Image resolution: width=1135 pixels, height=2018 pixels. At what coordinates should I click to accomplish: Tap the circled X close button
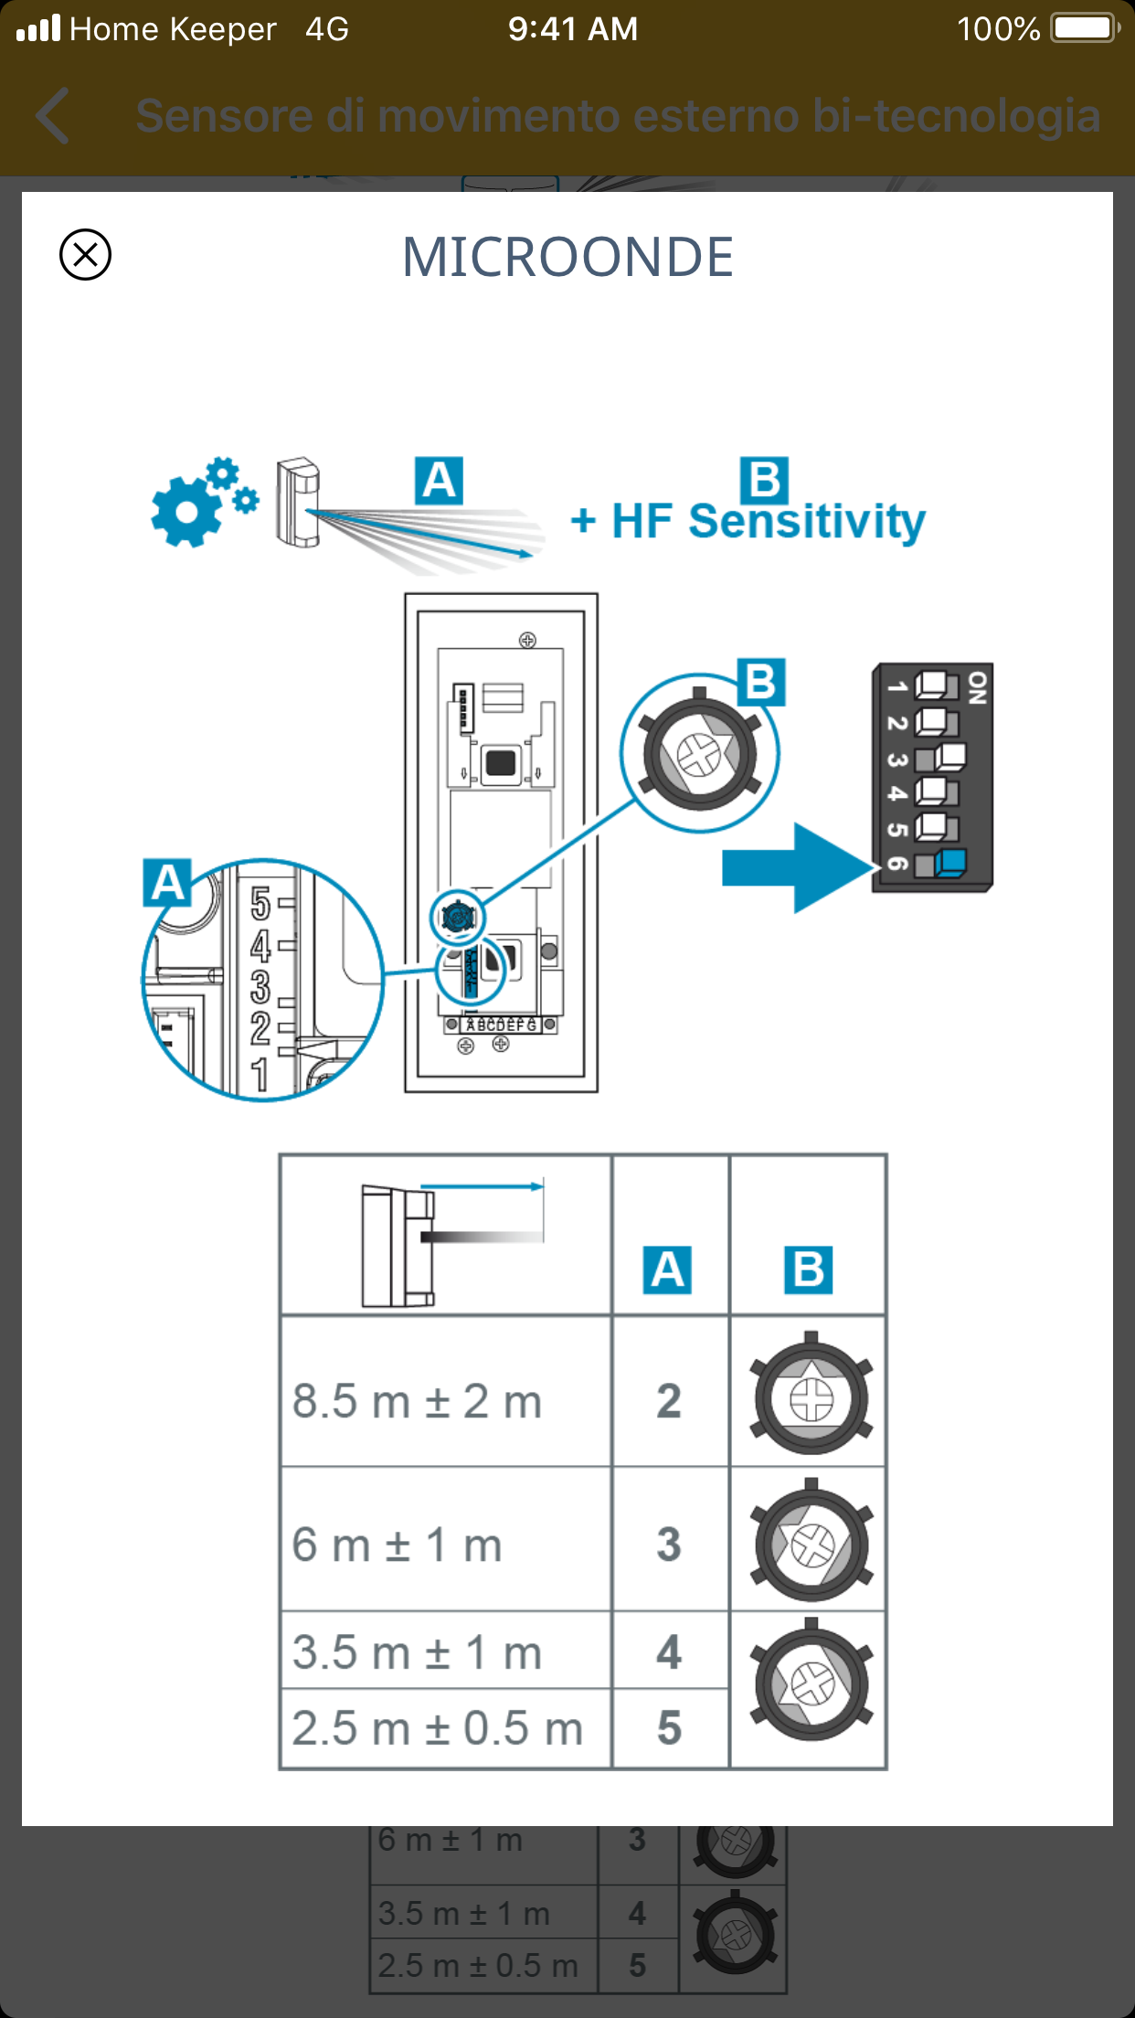click(85, 254)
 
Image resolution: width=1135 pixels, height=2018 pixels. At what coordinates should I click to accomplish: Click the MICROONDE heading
click(567, 257)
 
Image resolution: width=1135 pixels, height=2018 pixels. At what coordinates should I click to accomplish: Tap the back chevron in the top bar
click(53, 116)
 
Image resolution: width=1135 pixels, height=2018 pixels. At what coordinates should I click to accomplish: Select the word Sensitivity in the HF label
click(806, 522)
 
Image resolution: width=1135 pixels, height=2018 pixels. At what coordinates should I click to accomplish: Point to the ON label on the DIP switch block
click(977, 687)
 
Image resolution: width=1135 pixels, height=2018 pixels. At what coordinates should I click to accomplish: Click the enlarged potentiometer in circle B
click(700, 754)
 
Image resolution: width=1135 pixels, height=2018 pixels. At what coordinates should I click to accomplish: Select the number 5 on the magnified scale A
click(260, 904)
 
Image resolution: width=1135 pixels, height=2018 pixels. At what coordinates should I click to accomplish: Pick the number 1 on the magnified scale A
click(260, 1075)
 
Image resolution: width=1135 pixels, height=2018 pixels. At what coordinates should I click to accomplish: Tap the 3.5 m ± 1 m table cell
click(445, 1651)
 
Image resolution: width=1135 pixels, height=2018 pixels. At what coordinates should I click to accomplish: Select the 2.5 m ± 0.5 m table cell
click(445, 1728)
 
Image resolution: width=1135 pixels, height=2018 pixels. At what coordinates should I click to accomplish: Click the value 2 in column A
click(669, 1401)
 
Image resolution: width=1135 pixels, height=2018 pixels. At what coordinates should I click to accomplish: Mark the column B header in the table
click(808, 1269)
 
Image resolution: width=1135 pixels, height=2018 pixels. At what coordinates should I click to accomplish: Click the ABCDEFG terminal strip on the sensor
click(501, 1025)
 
